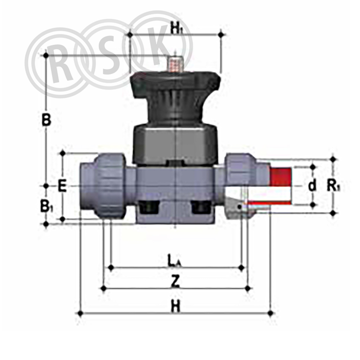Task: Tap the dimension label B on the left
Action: [x=46, y=120]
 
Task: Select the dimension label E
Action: [x=62, y=186]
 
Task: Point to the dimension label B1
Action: [x=47, y=206]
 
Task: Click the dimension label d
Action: [x=312, y=186]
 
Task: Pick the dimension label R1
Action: [x=333, y=186]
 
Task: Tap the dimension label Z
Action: [x=175, y=281]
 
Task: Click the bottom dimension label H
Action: [x=175, y=307]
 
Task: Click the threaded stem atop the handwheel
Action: [x=175, y=64]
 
